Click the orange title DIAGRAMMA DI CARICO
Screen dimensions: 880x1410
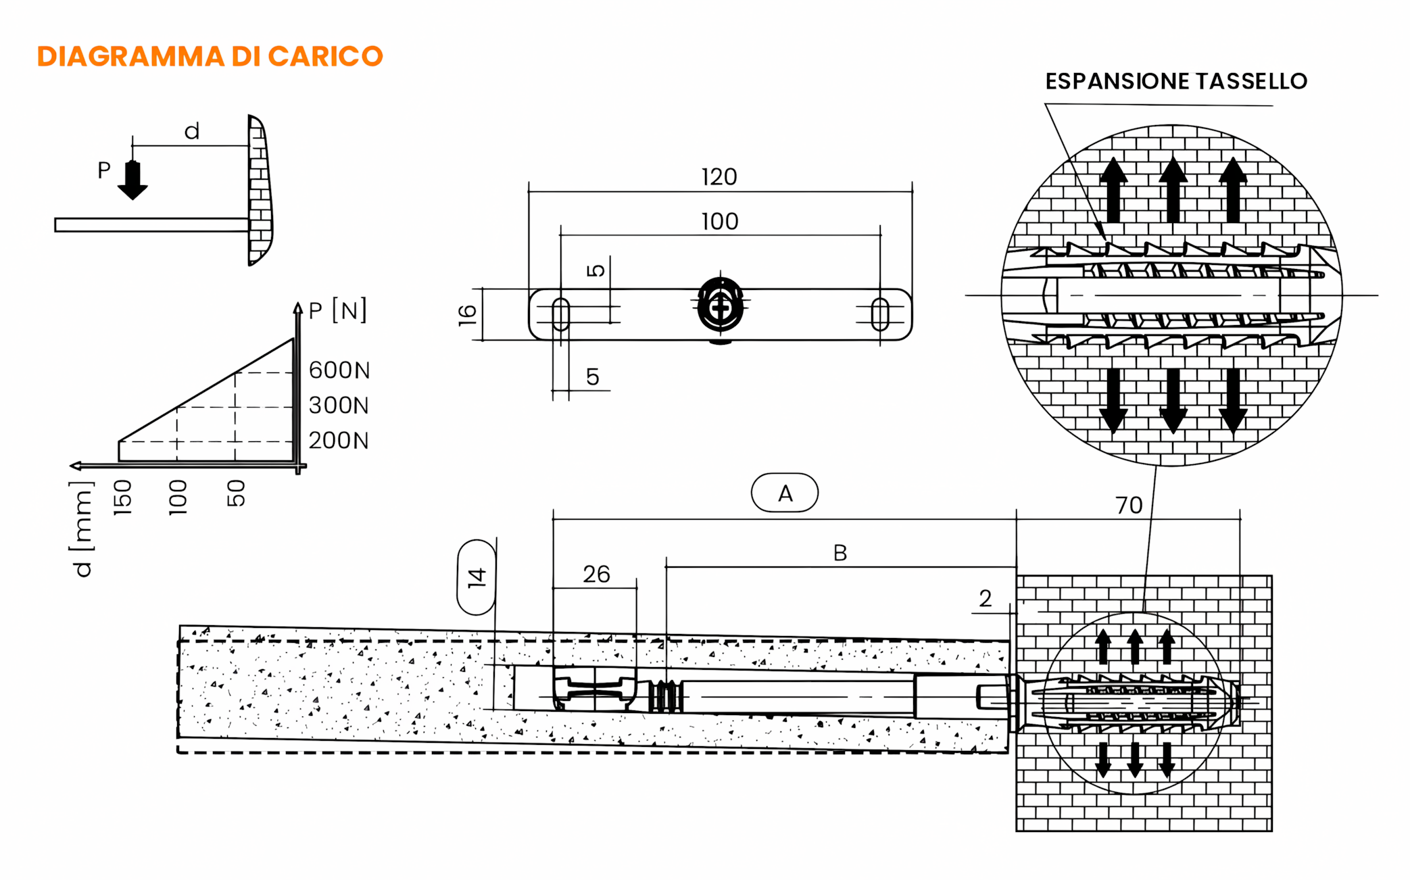(210, 56)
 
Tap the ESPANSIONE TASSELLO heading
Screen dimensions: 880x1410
(1175, 81)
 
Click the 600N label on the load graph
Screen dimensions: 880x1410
(339, 370)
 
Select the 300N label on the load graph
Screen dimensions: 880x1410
(339, 406)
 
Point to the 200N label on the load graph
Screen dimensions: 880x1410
(339, 441)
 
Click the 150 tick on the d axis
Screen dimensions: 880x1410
(122, 497)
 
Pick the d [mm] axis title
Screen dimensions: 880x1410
(82, 529)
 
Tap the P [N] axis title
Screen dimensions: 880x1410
(337, 311)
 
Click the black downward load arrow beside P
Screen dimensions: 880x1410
(132, 180)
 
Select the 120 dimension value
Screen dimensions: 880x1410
(719, 177)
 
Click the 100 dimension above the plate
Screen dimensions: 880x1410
(719, 222)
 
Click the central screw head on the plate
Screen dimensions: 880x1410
(721, 307)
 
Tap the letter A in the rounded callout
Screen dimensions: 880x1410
(785, 493)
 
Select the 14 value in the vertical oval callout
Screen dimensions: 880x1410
(477, 577)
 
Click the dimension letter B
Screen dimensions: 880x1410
(840, 553)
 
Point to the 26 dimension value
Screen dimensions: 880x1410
(596, 575)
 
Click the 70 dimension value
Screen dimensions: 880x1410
(1128, 506)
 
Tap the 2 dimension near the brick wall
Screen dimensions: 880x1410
(985, 599)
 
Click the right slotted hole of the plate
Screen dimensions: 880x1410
(879, 314)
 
